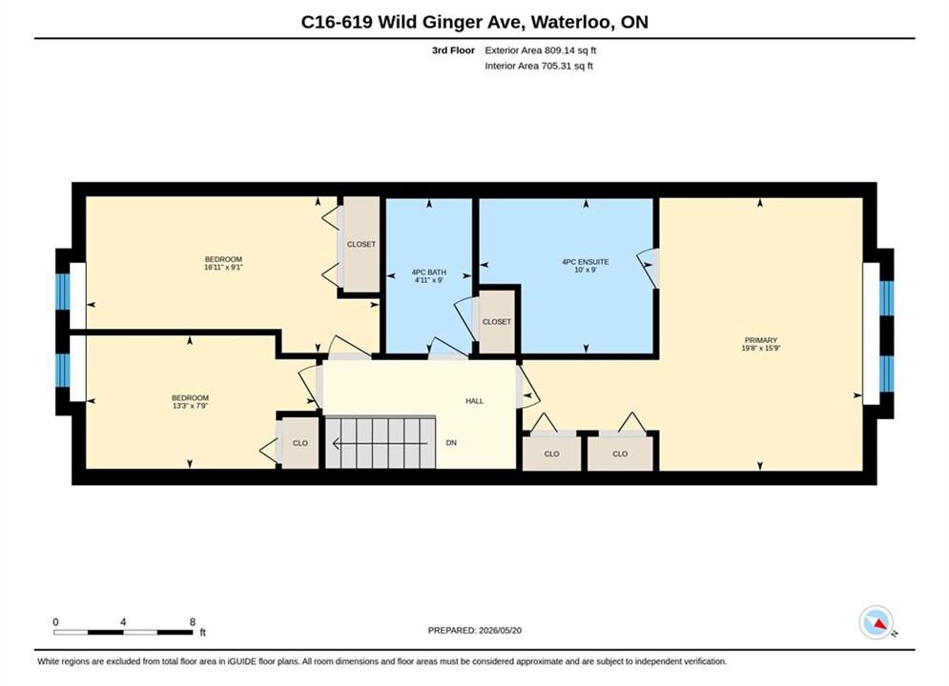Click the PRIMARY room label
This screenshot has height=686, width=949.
tap(761, 340)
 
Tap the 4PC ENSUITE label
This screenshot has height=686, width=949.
tap(586, 262)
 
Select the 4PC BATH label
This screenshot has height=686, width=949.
tap(428, 272)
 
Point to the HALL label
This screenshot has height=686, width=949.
tap(475, 401)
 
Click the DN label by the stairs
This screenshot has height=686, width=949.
tap(451, 442)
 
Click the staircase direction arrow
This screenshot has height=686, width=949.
tap(381, 444)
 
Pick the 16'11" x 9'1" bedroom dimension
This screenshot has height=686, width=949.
tap(223, 267)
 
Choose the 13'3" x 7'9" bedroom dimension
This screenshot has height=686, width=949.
tap(190, 406)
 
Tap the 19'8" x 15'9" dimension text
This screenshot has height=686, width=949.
tap(761, 348)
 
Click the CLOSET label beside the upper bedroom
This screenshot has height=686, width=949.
tap(361, 244)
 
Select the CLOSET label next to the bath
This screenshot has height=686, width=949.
tap(497, 321)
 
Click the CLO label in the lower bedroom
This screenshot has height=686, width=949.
tap(300, 443)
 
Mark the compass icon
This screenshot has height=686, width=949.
tap(876, 622)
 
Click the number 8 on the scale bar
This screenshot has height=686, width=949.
tap(193, 622)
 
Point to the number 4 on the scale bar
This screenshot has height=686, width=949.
tap(123, 622)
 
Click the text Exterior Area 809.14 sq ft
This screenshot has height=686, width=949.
tap(541, 50)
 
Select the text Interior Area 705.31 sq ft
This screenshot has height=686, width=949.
tap(539, 66)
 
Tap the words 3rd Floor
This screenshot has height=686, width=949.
tap(453, 50)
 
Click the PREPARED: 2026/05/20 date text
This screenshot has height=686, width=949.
tap(475, 631)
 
